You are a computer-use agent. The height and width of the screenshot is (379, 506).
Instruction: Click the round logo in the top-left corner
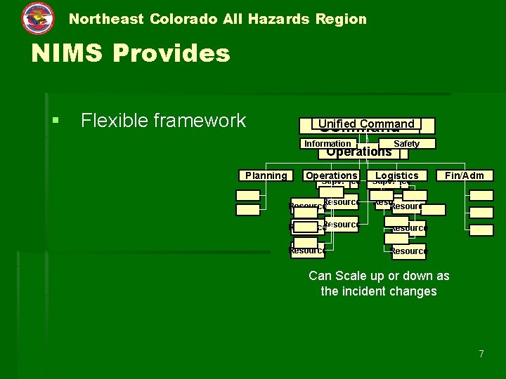(37, 18)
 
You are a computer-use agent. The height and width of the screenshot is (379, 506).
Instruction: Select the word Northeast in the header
(106, 19)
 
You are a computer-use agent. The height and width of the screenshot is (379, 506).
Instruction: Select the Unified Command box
(365, 124)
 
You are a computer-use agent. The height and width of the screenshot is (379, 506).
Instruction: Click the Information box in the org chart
(327, 143)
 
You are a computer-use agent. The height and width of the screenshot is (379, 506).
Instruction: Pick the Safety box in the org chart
(406, 143)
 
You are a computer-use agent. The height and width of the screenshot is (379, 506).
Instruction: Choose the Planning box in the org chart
(266, 175)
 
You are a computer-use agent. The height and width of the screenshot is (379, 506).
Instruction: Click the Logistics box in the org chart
(397, 175)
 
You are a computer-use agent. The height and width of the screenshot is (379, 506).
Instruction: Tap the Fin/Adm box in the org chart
(465, 175)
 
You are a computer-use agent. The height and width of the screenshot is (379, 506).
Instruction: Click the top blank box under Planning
(248, 196)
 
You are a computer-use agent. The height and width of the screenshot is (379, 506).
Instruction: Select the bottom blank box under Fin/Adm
(481, 230)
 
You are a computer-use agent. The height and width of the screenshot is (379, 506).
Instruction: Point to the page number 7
(481, 354)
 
